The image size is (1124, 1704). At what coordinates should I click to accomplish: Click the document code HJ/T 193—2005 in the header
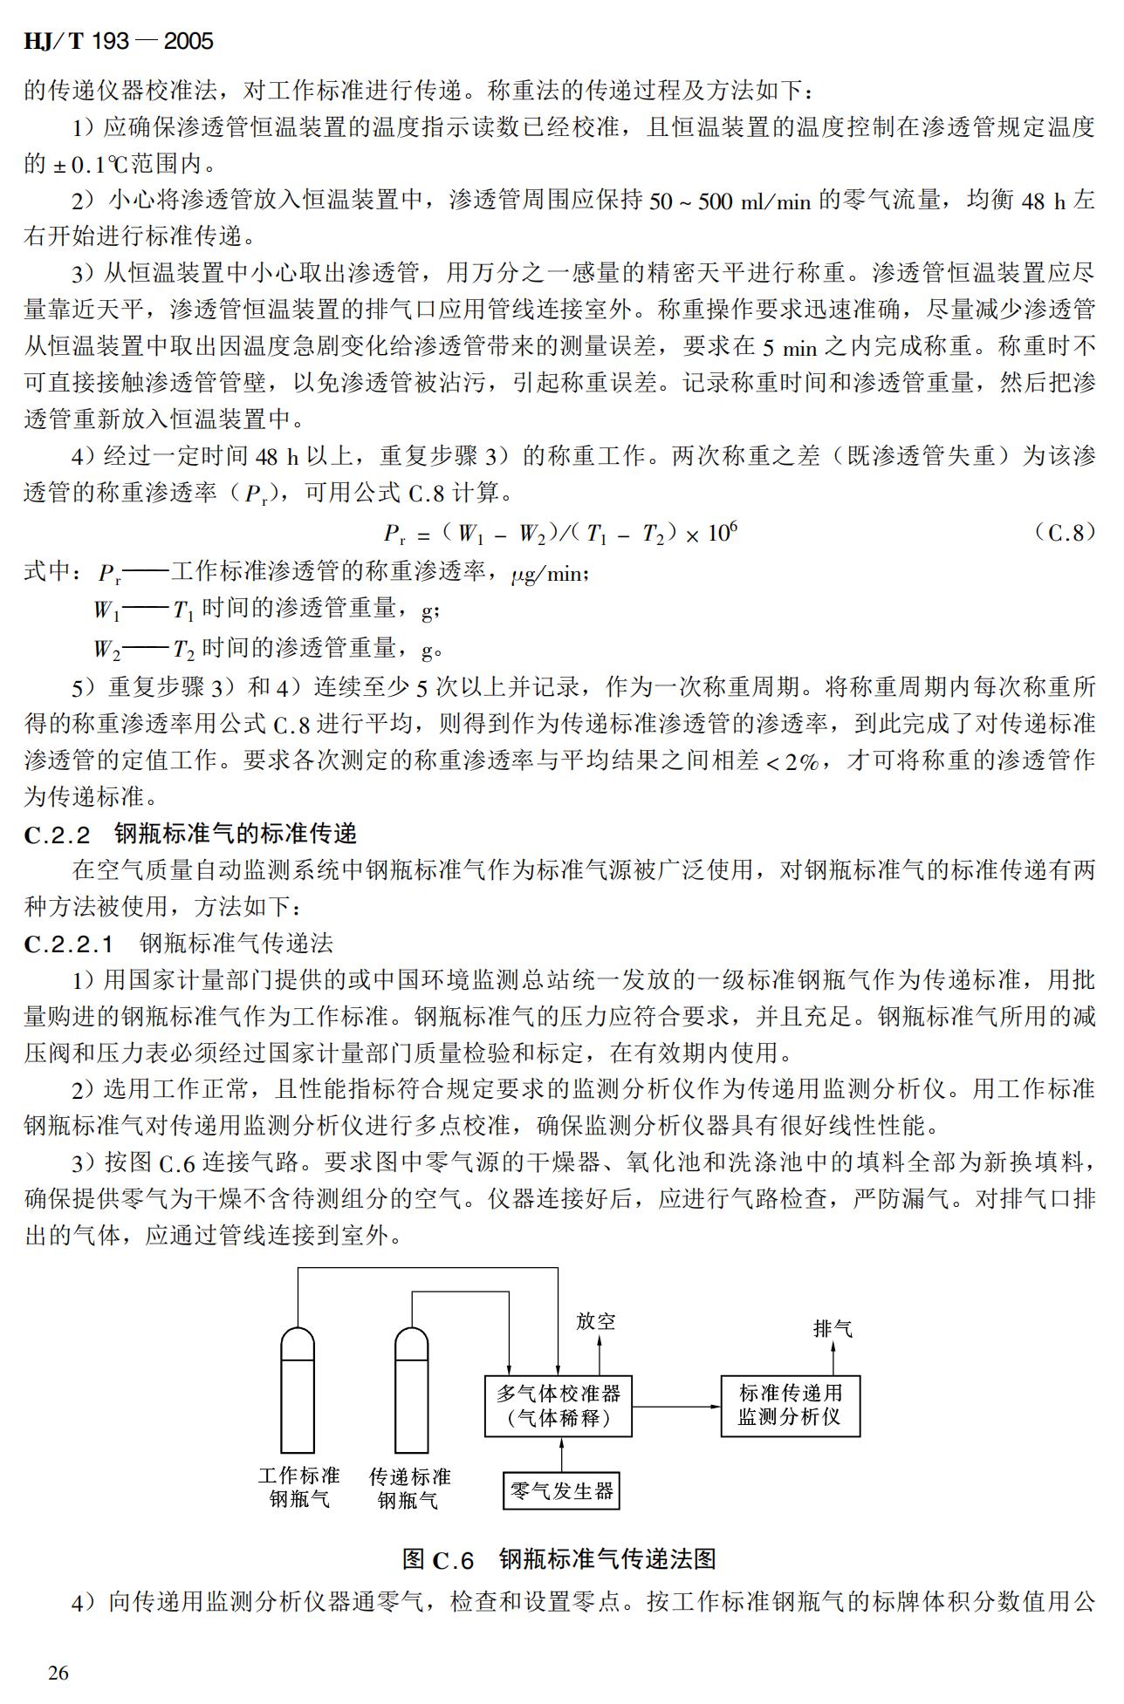click(x=119, y=41)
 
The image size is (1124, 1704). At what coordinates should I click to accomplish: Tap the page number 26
click(x=58, y=1672)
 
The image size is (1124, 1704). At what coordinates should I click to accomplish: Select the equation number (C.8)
click(x=1064, y=533)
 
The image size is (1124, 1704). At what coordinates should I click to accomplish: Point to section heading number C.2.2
click(x=57, y=835)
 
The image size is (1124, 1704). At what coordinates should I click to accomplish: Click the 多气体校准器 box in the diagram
click(x=558, y=1406)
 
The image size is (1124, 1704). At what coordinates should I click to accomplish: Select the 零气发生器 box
click(x=561, y=1490)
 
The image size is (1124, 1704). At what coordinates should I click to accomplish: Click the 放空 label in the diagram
click(x=596, y=1321)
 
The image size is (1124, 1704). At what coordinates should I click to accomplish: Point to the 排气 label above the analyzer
click(x=833, y=1328)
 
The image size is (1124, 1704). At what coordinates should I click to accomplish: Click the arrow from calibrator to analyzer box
click(x=676, y=1406)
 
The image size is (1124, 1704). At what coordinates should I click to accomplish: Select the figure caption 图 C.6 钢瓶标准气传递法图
click(x=559, y=1558)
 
